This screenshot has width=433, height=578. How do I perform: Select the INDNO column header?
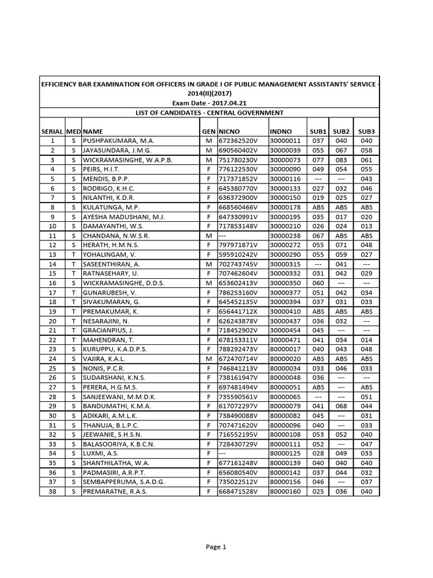[x=281, y=130]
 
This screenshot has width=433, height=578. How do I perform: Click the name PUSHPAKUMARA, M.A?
[x=118, y=140]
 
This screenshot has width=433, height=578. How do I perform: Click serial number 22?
[x=53, y=339]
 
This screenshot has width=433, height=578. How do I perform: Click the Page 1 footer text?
[x=216, y=546]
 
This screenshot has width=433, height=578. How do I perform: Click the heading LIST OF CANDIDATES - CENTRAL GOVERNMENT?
[x=209, y=112]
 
